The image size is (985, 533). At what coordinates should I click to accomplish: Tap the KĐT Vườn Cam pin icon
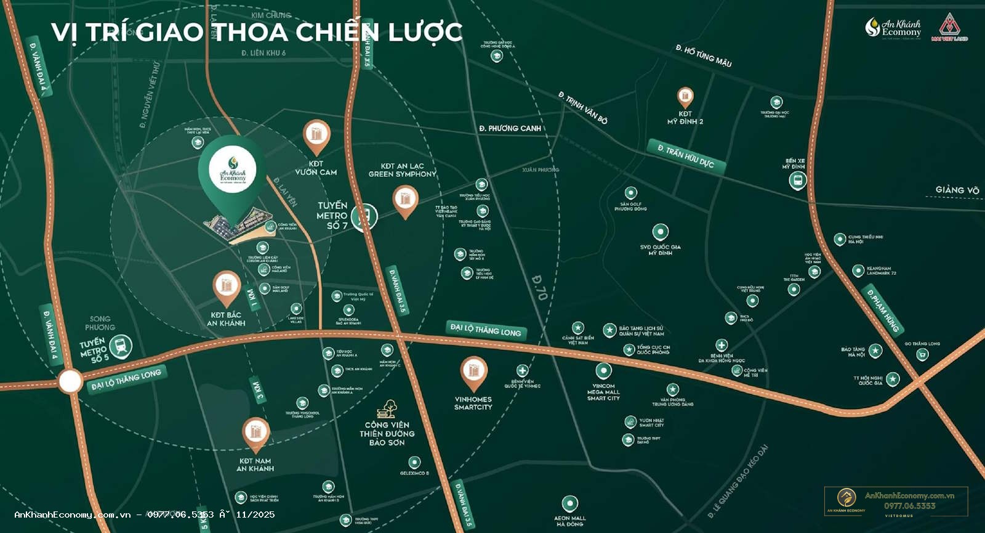pyautogui.click(x=316, y=135)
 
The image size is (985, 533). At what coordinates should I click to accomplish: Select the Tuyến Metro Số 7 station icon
pyautogui.click(x=363, y=216)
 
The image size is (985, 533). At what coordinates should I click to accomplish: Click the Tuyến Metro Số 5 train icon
pyautogui.click(x=123, y=346)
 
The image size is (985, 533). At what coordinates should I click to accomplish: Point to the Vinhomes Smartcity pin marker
pyautogui.click(x=473, y=372)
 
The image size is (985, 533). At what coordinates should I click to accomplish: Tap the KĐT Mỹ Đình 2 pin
pyautogui.click(x=685, y=97)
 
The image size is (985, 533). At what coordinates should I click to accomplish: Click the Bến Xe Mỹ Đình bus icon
pyautogui.click(x=798, y=181)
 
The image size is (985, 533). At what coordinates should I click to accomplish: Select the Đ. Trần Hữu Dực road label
pyautogui.click(x=686, y=156)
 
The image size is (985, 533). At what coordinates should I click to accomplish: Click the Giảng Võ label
pyautogui.click(x=957, y=190)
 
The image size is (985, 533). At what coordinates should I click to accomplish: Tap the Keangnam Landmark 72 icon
pyautogui.click(x=858, y=271)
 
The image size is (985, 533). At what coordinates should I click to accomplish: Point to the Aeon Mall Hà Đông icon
pyautogui.click(x=570, y=503)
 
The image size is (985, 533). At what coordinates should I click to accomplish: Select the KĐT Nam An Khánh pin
pyautogui.click(x=255, y=433)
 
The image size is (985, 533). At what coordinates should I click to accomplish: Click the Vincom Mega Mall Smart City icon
pyautogui.click(x=603, y=371)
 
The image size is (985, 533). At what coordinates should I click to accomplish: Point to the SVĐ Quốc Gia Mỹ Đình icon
pyautogui.click(x=661, y=232)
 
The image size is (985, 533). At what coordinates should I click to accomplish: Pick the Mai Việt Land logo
pyautogui.click(x=949, y=28)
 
